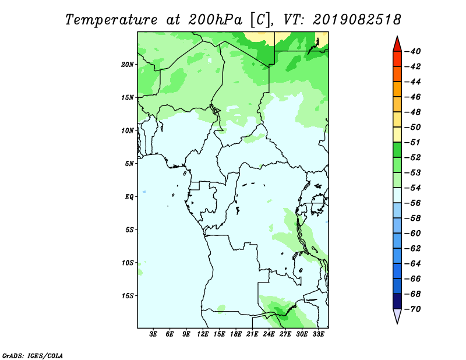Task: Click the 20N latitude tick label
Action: click(x=127, y=65)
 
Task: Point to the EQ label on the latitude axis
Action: click(x=129, y=197)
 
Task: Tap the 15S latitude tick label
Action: click(x=128, y=296)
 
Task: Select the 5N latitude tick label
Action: click(x=129, y=164)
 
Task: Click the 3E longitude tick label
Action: click(x=153, y=334)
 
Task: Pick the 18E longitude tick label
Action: click(x=236, y=334)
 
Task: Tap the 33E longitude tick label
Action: click(x=318, y=334)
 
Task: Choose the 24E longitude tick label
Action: click(x=269, y=334)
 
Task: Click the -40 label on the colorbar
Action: click(x=413, y=51)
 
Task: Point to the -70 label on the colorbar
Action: click(x=413, y=309)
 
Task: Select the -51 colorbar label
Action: click(x=413, y=142)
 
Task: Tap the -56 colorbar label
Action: click(x=413, y=203)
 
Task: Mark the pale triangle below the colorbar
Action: click(x=397, y=315)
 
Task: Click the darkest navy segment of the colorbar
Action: click(x=397, y=301)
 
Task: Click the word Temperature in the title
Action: click(x=111, y=20)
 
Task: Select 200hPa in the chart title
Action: click(x=216, y=20)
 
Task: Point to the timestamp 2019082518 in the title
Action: click(x=357, y=20)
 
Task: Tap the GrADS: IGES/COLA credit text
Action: click(x=33, y=356)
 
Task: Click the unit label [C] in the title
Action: click(x=260, y=20)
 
